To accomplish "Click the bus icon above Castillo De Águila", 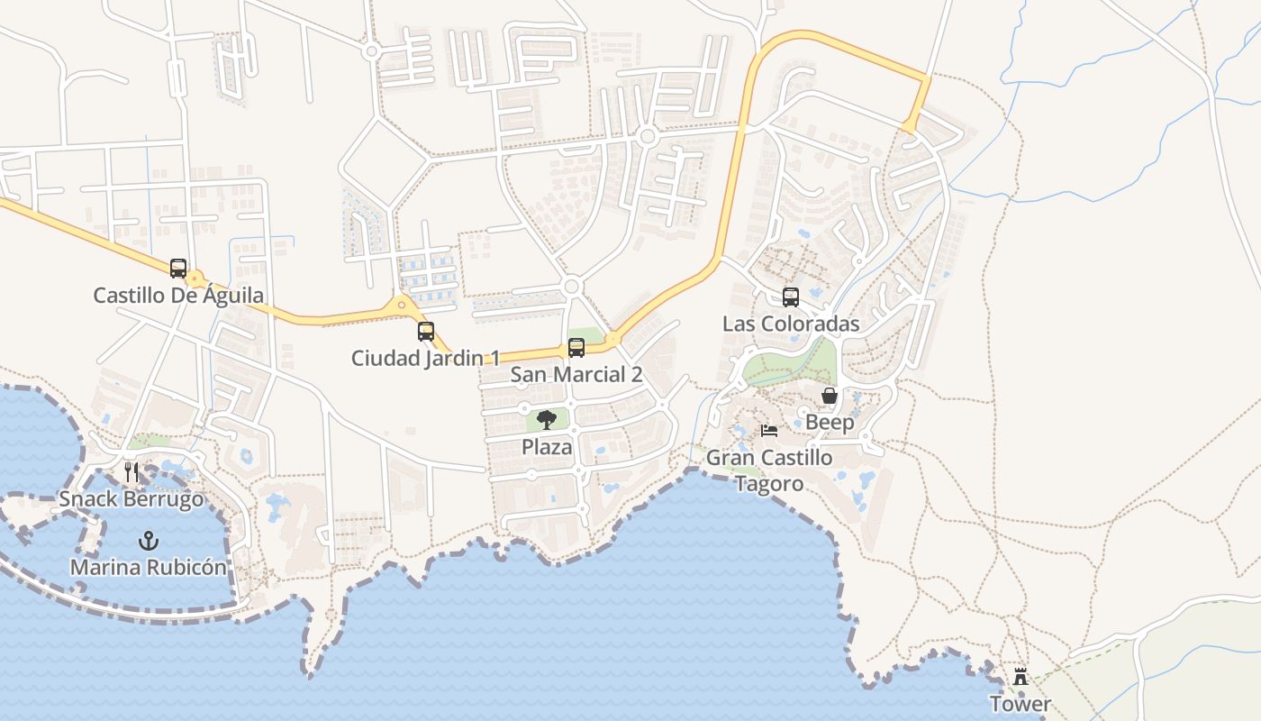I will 178,269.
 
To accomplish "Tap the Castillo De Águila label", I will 178,295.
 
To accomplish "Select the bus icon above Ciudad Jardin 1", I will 426,332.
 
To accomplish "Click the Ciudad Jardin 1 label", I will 425,358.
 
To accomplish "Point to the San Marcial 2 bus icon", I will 576,348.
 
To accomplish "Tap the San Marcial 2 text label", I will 576,374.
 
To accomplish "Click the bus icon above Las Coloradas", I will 791,297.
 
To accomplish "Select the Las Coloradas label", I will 791,323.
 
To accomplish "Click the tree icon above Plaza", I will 547,420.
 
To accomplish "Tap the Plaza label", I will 547,446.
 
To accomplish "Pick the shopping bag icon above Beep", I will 830,396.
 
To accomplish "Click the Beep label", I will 830,422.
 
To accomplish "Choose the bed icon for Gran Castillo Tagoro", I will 769,431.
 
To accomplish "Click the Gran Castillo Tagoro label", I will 768,470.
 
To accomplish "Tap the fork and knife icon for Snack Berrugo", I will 132,471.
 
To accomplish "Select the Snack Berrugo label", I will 132,498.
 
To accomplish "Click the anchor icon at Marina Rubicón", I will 149,541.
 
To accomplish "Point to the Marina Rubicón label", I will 149,568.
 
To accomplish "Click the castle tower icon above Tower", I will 1021,677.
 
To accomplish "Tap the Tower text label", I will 1021,703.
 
